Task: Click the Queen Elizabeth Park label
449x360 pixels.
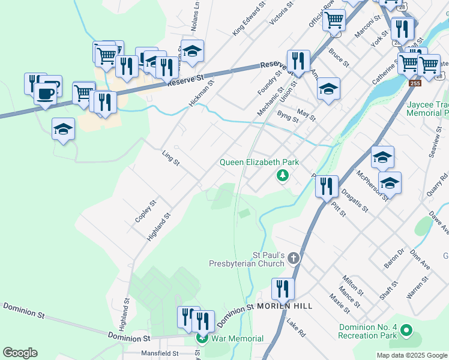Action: (259, 162)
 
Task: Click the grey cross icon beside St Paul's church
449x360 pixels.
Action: (294, 258)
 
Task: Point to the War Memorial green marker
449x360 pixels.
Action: (202, 338)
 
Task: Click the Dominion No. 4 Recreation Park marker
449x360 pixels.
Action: (406, 330)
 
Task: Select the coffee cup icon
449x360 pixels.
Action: (45, 93)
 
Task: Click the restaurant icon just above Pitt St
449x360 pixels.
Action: (327, 185)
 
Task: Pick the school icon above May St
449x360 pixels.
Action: (328, 88)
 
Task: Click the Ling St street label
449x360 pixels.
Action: (171, 158)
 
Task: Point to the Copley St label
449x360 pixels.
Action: (145, 211)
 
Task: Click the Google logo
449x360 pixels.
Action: (20, 353)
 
